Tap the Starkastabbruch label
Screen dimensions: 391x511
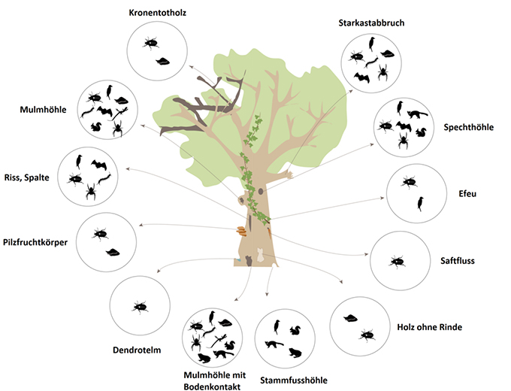tap(371, 23)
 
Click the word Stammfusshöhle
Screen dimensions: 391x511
tap(292, 380)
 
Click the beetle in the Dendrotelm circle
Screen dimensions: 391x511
tap(140, 306)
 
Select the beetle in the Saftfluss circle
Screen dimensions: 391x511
tap(397, 262)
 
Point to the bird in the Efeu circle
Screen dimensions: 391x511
tap(421, 203)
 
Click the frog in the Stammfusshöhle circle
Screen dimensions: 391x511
tap(294, 353)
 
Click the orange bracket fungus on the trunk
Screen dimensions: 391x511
tap(240, 232)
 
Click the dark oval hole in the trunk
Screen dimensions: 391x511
tap(260, 192)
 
